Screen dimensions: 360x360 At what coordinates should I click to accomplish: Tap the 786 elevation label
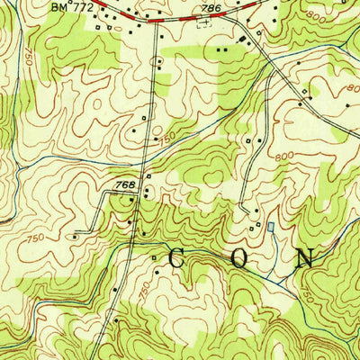pyautogui.click(x=211, y=8)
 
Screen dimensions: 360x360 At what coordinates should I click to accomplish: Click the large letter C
pyautogui.click(x=177, y=259)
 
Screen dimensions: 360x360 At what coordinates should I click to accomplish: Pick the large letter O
pyautogui.click(x=240, y=259)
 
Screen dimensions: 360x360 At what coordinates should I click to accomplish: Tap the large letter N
pyautogui.click(x=304, y=259)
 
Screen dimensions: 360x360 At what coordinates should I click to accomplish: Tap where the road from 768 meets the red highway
pyautogui.click(x=154, y=18)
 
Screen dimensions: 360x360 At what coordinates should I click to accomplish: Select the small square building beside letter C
pyautogui.click(x=155, y=258)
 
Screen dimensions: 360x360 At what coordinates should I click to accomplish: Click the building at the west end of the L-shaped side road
pyautogui.click(x=76, y=237)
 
